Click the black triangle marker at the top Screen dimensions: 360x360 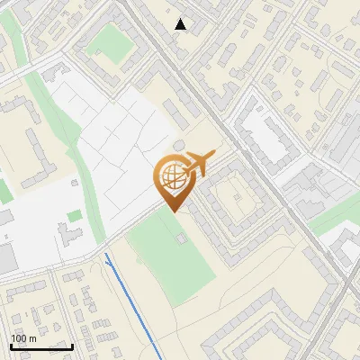click(181, 24)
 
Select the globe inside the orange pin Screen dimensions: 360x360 click(170, 177)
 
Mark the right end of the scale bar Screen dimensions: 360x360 click(72, 346)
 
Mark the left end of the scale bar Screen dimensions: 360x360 click(11, 346)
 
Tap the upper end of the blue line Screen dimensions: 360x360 click(106, 255)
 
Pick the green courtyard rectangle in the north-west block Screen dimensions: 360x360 click(110, 40)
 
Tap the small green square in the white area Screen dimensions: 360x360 click(73, 216)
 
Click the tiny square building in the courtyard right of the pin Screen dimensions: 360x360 click(237, 190)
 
